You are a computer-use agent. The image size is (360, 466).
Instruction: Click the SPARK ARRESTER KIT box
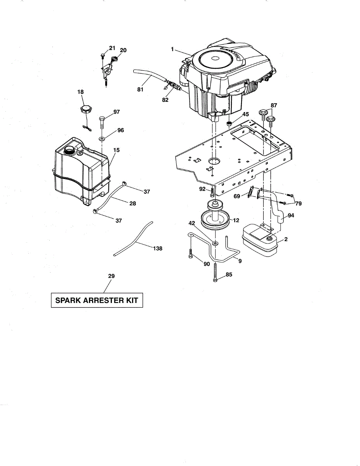point(97,300)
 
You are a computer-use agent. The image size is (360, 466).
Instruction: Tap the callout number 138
point(158,248)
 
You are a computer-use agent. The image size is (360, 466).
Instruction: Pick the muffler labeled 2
point(259,241)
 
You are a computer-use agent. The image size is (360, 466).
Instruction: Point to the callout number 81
point(140,90)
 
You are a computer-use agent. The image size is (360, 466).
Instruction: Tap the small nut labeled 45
point(229,123)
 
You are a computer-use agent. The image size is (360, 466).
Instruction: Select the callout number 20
point(123,50)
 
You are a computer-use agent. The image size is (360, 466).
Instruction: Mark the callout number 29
point(111,276)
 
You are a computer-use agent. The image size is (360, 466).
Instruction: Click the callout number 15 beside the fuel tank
point(116,150)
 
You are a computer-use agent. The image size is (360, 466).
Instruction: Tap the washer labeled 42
point(214,244)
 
